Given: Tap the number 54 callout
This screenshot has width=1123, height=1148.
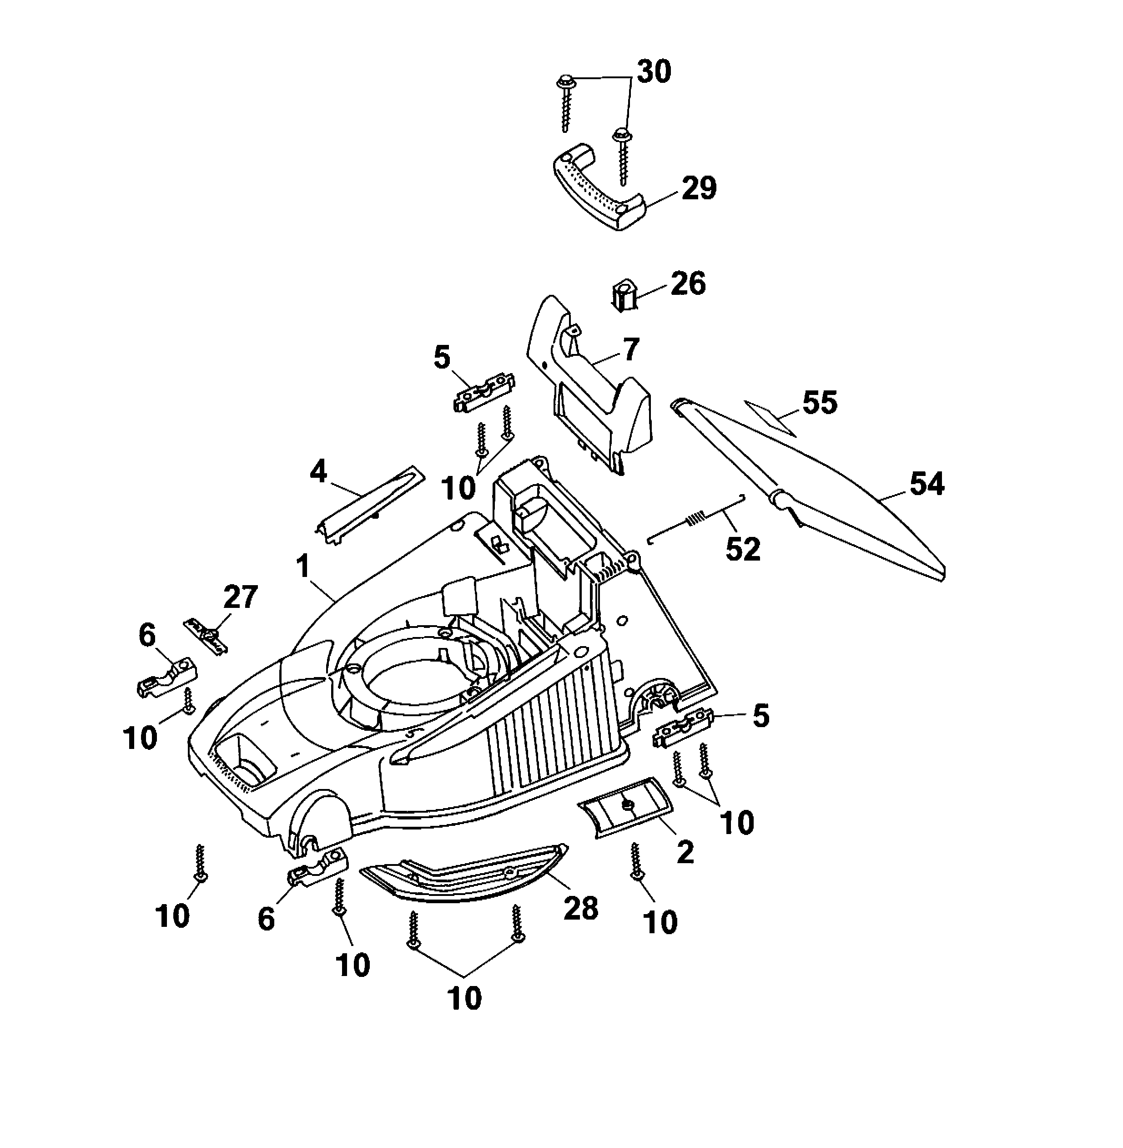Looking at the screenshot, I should pyautogui.click(x=927, y=483).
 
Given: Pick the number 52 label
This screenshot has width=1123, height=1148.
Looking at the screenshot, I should pyautogui.click(x=743, y=549).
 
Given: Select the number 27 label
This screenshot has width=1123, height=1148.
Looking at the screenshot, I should pyautogui.click(x=240, y=597).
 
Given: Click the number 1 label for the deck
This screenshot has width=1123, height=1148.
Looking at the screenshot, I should pyautogui.click(x=302, y=567).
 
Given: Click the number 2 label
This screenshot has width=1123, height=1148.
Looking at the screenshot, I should pyautogui.click(x=685, y=852).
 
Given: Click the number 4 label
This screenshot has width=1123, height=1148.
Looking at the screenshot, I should pyautogui.click(x=318, y=472).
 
